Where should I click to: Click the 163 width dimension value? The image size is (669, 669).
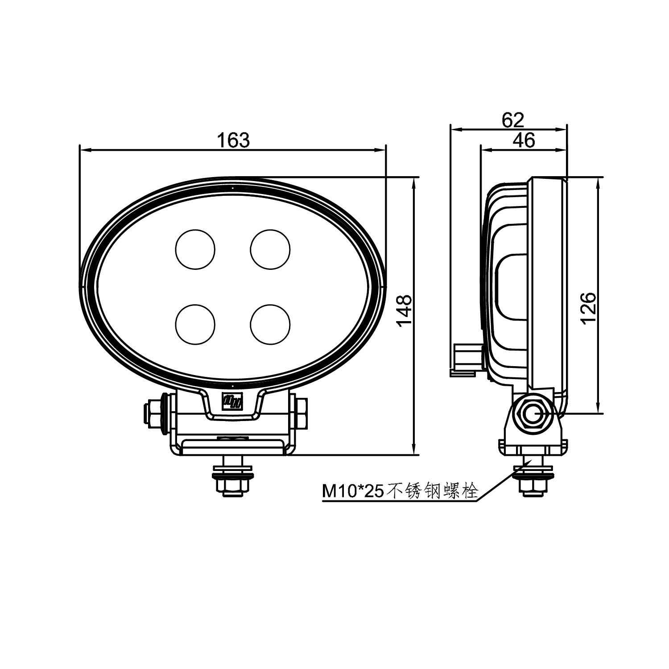point(233,140)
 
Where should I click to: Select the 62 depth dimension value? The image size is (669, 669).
point(513,120)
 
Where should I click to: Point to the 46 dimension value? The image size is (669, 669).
point(524,140)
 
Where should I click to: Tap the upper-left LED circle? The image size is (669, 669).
point(195,249)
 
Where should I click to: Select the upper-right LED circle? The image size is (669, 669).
point(270,249)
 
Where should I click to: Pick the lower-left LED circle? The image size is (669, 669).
point(195,324)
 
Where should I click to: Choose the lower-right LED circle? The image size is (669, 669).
point(270,324)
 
